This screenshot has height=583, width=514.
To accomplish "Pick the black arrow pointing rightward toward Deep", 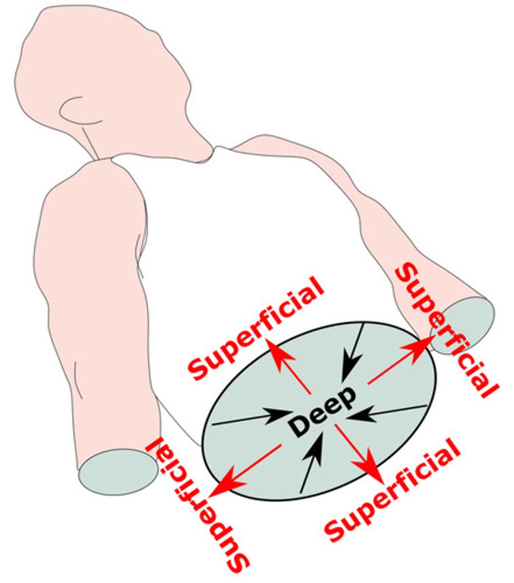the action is coord(253,419).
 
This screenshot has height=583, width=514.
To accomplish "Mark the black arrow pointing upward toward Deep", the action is coord(311,462).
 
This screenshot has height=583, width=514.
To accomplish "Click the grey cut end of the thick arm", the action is coord(118,471).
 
